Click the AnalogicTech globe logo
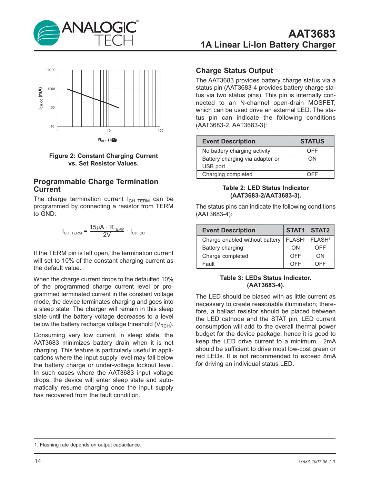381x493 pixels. (47, 33)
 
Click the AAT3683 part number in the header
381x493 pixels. (311, 34)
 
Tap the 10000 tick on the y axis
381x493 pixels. (51, 70)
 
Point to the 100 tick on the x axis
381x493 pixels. (160, 131)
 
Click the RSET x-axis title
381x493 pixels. (107, 140)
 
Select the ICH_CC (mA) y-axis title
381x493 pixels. (40, 98)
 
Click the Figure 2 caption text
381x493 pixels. (103, 160)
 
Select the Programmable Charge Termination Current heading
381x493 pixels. (96, 185)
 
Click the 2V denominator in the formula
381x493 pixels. (107, 235)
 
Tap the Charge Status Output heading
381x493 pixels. (234, 71)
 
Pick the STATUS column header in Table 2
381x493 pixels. (312, 141)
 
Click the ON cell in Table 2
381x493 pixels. (312, 159)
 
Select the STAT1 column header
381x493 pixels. (295, 230)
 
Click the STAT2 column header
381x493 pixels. (320, 230)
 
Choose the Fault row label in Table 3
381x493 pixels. (208, 264)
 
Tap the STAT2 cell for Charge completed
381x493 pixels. (320, 256)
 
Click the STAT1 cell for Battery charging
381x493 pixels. (295, 248)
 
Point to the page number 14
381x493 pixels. (38, 461)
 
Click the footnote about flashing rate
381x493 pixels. (88, 445)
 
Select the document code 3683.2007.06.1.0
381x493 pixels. (317, 462)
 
